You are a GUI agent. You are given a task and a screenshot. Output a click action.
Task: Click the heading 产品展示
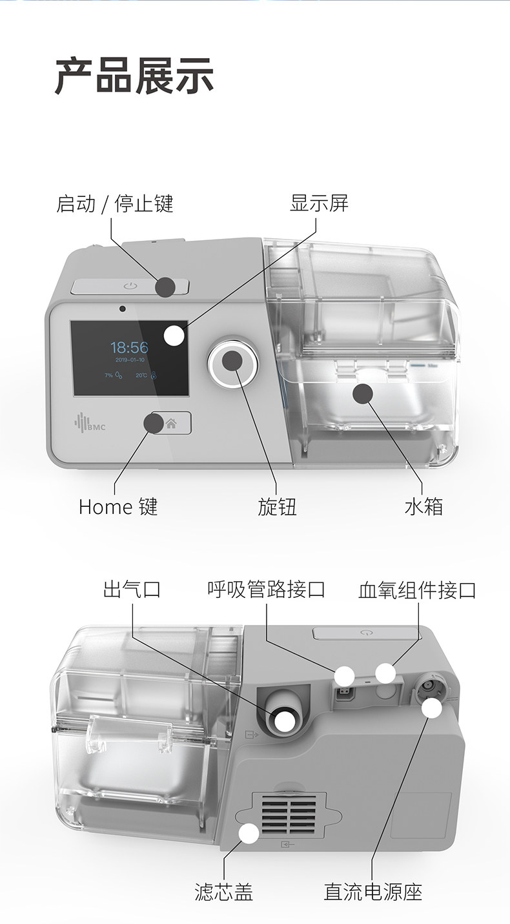point(134,76)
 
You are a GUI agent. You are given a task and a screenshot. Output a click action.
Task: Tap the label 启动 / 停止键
point(115,204)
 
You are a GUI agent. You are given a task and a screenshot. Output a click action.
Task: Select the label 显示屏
point(319,203)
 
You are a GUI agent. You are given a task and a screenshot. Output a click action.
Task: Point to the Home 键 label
point(118,506)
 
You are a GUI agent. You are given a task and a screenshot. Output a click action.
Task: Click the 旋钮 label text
point(277,507)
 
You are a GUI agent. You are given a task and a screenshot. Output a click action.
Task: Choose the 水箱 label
point(423,507)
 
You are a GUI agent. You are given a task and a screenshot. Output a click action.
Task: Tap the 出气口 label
point(132,589)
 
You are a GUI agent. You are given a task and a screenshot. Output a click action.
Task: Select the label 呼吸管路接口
point(266,589)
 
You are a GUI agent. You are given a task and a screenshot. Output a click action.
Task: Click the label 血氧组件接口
point(417,590)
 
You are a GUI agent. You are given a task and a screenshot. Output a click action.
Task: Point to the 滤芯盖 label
point(224,892)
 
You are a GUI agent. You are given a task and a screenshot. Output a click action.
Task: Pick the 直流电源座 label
point(373,892)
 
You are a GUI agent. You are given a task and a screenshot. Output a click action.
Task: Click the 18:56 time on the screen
point(129,348)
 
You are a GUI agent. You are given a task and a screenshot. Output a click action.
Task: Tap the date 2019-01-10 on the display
point(130,359)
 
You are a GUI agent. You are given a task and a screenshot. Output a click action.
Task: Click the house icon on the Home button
point(171,424)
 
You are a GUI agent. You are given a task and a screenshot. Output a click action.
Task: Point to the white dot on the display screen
point(174,336)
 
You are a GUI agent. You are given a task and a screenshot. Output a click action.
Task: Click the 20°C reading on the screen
point(142,375)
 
